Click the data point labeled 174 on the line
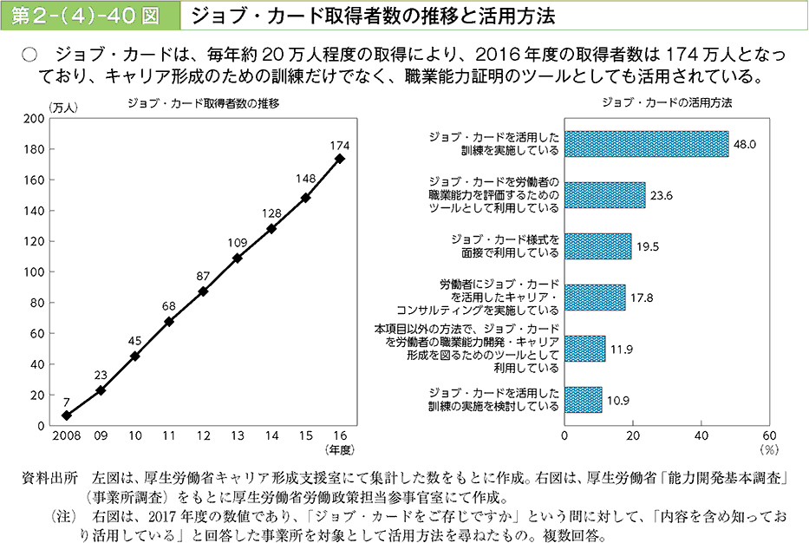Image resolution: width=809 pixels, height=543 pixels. click(339, 158)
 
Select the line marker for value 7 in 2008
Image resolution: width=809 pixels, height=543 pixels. click(67, 415)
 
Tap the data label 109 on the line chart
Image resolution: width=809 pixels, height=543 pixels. click(238, 242)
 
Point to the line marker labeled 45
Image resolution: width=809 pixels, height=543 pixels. click(135, 356)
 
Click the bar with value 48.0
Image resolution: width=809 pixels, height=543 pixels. click(646, 144)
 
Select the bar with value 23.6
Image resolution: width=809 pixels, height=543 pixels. click(604, 195)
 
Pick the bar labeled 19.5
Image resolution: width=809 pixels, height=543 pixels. click(597, 246)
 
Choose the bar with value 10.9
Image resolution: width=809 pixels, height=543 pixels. click(583, 400)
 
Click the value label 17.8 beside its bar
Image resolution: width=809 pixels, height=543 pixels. click(643, 298)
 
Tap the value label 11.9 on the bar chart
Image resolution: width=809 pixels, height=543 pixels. click(622, 349)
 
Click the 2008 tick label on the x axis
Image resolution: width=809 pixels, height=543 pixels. click(66, 435)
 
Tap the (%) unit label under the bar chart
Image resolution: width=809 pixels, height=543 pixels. click(767, 450)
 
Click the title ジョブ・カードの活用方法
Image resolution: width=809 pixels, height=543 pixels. click(667, 102)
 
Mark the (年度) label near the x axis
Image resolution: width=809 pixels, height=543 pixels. click(340, 449)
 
